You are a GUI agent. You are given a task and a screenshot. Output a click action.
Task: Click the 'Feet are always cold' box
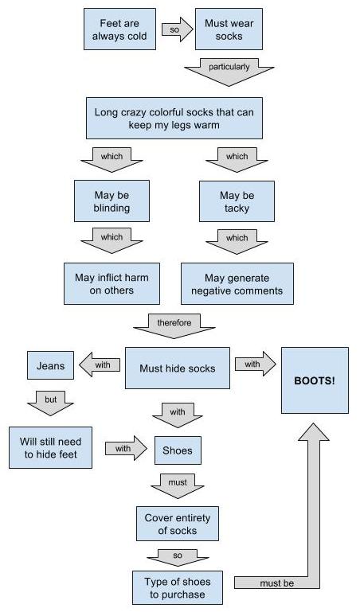point(119,29)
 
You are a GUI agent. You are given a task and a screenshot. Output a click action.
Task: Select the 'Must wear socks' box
point(229,29)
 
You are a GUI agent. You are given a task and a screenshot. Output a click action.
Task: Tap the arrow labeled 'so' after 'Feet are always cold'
point(178,29)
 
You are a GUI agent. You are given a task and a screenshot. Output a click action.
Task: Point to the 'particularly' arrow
point(229,72)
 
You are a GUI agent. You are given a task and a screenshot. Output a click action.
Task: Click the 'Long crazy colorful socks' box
point(174,119)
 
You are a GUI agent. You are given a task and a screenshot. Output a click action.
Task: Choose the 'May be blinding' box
point(112,201)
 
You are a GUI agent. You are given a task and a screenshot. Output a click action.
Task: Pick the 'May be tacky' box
point(237,201)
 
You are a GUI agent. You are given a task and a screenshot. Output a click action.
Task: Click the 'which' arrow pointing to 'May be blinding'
point(112,160)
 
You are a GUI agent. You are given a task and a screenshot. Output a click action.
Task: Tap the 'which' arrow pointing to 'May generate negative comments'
point(237,241)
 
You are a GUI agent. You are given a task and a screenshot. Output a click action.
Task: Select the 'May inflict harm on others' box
point(112,284)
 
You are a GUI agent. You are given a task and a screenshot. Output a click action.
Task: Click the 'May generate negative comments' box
point(237,284)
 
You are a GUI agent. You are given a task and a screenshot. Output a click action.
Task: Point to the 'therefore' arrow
point(174,326)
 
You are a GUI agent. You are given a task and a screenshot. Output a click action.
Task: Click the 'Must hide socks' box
point(178,368)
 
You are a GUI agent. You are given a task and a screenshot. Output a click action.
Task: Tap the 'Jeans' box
point(50,365)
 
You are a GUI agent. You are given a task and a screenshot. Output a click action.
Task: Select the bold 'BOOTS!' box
point(315,380)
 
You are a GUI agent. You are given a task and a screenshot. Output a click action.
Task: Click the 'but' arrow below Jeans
point(50,403)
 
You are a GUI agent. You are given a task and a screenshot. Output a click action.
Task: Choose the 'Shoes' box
point(178,450)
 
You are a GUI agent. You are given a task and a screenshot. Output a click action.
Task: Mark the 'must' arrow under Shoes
point(178,486)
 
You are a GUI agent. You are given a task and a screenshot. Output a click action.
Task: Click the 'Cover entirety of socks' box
point(178,524)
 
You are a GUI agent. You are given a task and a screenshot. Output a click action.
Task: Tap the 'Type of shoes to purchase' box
point(178,588)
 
